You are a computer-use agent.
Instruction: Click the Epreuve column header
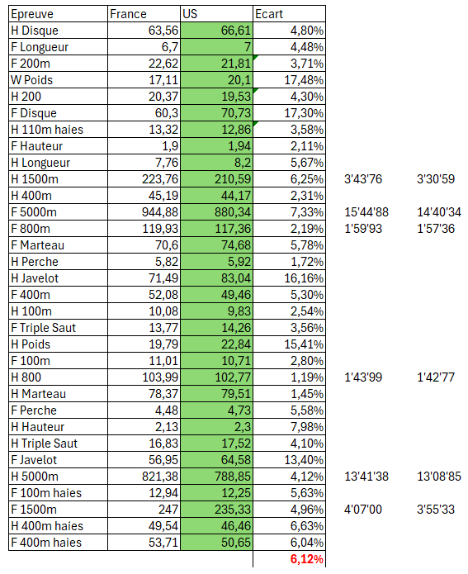tap(31, 14)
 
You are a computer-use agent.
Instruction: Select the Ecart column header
tap(269, 14)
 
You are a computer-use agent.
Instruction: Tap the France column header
tap(128, 14)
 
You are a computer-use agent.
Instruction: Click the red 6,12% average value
tap(306, 559)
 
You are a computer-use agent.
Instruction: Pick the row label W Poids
tap(32, 80)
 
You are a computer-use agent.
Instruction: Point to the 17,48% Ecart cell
tap(304, 80)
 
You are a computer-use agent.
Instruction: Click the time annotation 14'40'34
tap(439, 212)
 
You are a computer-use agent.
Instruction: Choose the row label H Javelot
tap(36, 278)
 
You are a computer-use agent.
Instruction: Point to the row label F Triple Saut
tap(44, 328)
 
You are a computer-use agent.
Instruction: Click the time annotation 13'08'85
tap(439, 477)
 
